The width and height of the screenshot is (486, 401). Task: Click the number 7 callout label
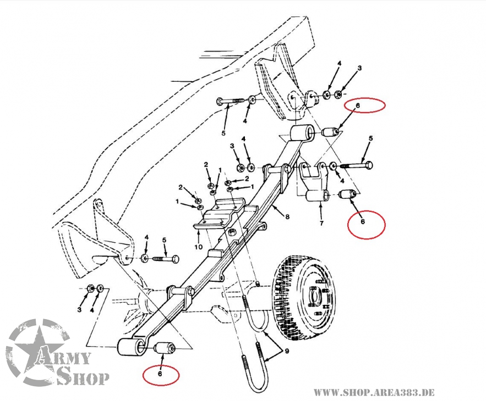click(x=320, y=222)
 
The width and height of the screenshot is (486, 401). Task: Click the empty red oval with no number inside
click(x=364, y=104)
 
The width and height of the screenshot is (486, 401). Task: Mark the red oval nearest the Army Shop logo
click(x=161, y=375)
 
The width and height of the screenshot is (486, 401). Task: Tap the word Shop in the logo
click(x=83, y=377)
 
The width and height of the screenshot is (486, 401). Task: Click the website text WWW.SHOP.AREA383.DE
click(x=374, y=392)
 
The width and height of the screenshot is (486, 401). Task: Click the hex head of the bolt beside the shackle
click(x=368, y=164)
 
